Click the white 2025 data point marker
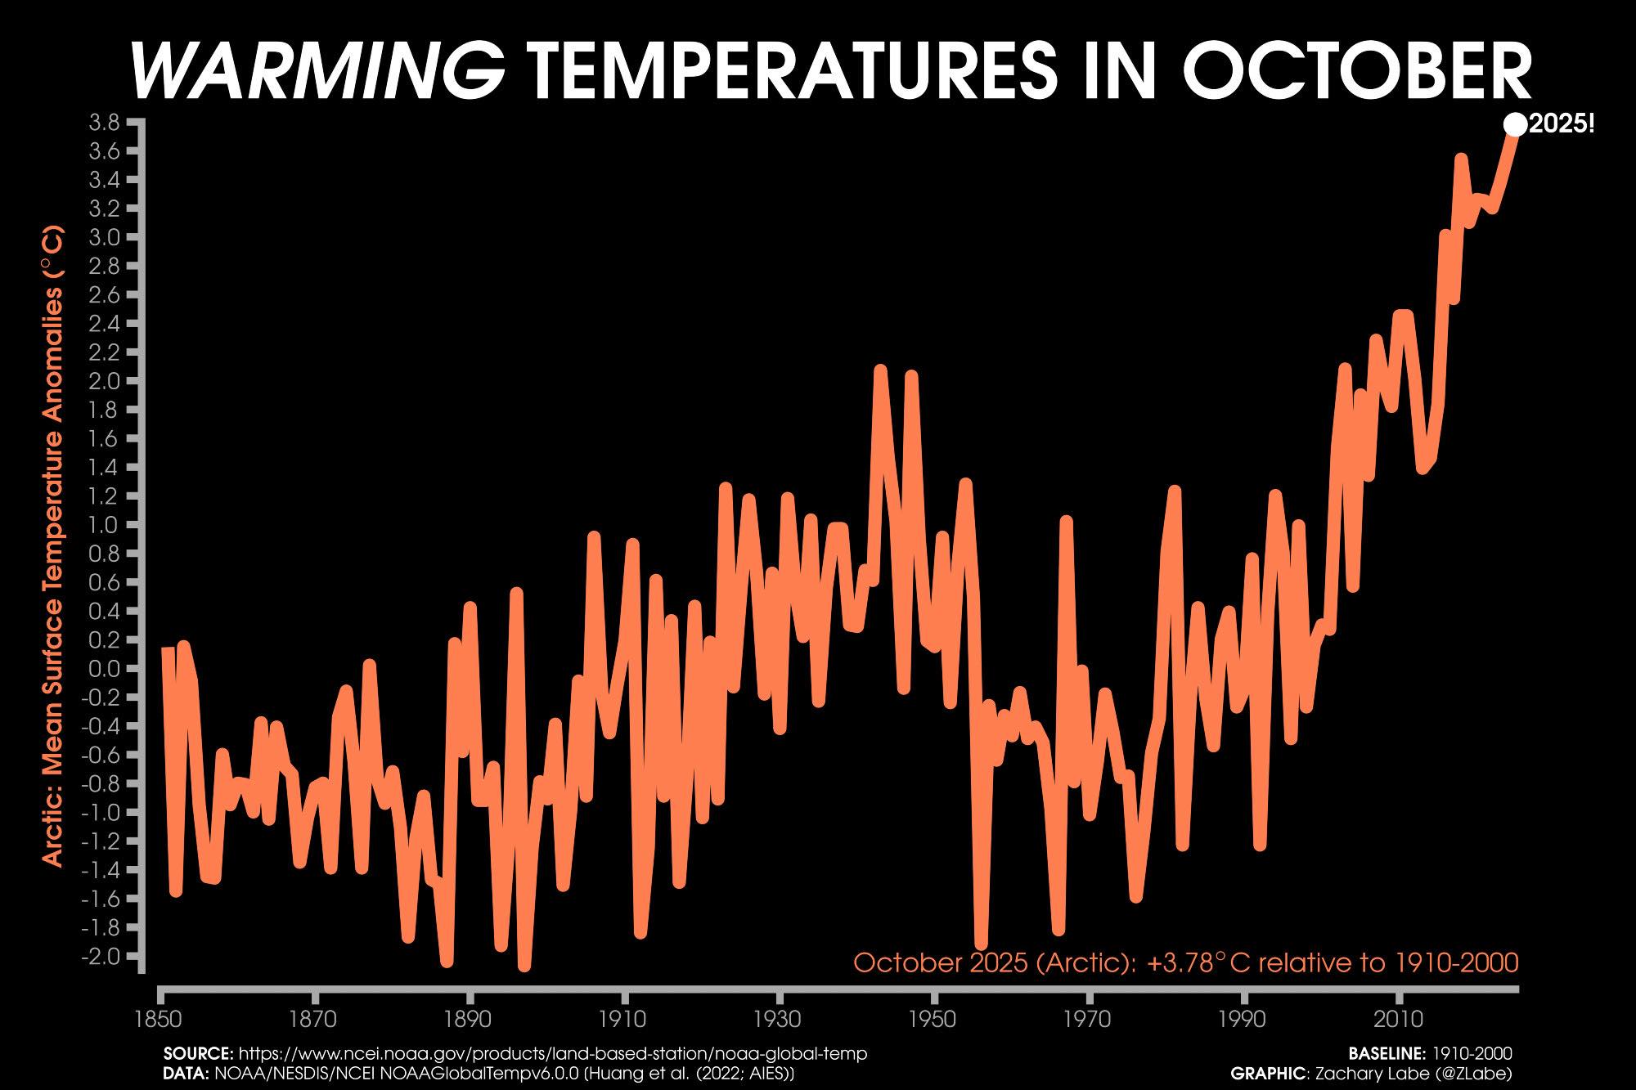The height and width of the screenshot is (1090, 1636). point(1515,125)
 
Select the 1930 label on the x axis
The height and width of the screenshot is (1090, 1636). point(780,1020)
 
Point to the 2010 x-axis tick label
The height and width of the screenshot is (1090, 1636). point(1398,1020)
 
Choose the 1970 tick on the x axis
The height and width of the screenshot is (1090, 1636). point(1089,1020)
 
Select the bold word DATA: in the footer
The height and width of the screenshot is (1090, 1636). point(186,1072)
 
